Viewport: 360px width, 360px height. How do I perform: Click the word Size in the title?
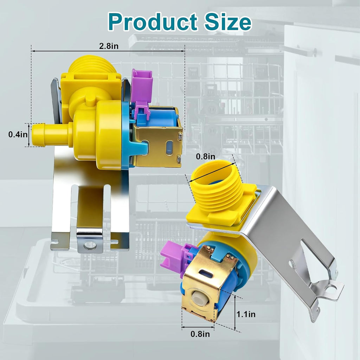pyautogui.click(x=228, y=22)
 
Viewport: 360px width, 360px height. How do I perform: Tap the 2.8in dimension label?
pyautogui.click(x=109, y=46)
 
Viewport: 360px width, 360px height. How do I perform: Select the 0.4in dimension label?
pyautogui.click(x=18, y=134)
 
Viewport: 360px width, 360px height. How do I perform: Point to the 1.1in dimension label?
pyautogui.click(x=246, y=314)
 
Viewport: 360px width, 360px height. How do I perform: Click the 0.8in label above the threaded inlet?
pyautogui.click(x=205, y=156)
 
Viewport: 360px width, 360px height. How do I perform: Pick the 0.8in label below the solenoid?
pyautogui.click(x=200, y=334)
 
